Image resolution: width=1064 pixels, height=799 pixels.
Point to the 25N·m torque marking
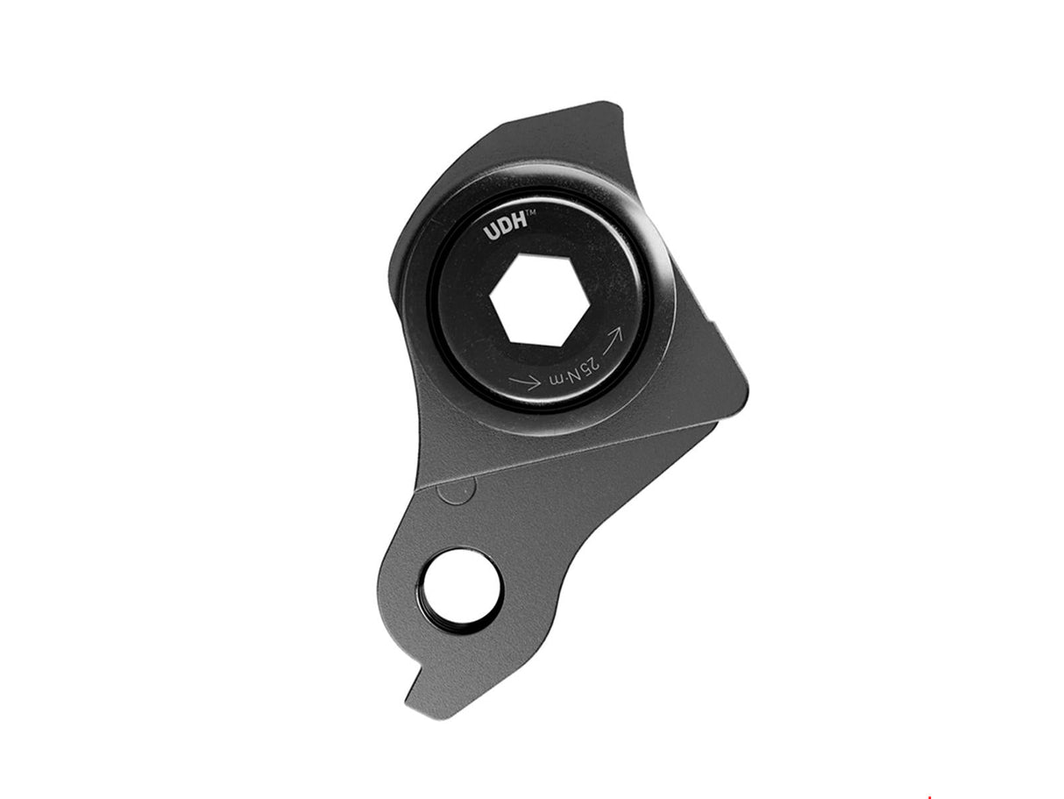[x=578, y=367]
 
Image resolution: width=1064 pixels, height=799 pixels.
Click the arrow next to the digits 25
[x=612, y=337]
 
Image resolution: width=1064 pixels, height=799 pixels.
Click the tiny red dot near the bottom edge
[x=929, y=796]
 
